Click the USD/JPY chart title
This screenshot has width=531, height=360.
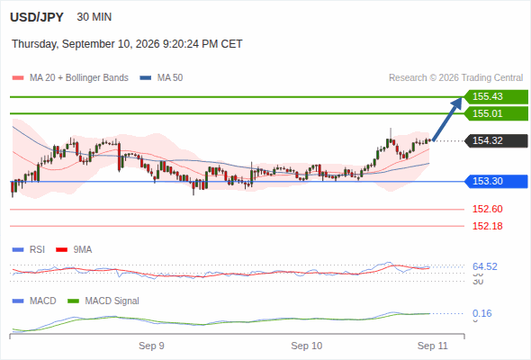coord(37,17)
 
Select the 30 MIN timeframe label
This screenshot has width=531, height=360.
coord(94,17)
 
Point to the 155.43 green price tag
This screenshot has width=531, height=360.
coord(496,97)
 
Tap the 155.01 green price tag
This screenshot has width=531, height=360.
coord(496,113)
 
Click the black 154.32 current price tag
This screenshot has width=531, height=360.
coord(496,140)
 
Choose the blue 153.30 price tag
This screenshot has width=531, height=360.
coord(496,181)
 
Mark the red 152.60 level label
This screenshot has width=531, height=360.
coord(487,209)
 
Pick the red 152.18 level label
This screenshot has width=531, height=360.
coord(487,226)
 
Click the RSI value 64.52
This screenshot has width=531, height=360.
coord(485,266)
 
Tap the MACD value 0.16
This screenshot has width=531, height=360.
coord(481,313)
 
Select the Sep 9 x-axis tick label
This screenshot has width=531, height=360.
coord(151,346)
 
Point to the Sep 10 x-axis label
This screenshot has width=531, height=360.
coord(307,346)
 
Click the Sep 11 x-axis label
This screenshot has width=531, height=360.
coord(433,346)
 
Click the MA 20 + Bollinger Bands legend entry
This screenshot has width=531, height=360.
coord(70,78)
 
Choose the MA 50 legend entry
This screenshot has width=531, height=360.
coord(161,78)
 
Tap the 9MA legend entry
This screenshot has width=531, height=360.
coord(74,249)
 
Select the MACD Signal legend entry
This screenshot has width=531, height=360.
coord(103,301)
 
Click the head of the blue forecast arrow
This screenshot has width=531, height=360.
coord(462,97)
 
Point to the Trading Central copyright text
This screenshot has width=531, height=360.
coord(455,78)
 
